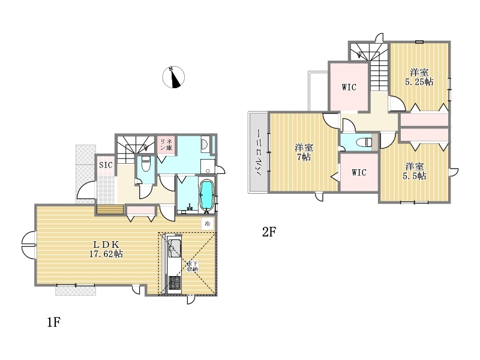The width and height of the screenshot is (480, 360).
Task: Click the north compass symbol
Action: [173, 77]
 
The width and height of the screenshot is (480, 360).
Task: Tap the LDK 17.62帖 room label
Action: [106, 249]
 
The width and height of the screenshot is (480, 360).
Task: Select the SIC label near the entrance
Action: [106, 165]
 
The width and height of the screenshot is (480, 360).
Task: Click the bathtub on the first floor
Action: [206, 195]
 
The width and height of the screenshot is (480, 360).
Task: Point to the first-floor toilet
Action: [146, 164]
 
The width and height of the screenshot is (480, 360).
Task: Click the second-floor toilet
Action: [365, 142]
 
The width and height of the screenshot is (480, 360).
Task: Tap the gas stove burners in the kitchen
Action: [175, 283]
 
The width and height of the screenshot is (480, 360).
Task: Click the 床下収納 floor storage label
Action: [192, 266]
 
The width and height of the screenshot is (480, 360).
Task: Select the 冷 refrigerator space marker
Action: [207, 223]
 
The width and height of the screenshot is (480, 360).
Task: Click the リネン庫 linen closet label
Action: [166, 144]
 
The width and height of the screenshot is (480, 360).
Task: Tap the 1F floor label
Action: [53, 322]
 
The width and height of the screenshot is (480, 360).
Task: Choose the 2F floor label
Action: [269, 232]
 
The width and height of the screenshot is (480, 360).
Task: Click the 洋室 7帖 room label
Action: [304, 152]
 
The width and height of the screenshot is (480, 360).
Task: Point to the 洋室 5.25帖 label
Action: [419, 77]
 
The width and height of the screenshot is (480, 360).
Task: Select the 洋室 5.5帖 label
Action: [415, 171]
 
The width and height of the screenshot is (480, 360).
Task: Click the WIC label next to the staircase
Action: [349, 87]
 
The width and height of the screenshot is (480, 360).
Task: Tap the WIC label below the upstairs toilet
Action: [359, 172]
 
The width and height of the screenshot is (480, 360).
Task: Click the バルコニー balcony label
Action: [259, 152]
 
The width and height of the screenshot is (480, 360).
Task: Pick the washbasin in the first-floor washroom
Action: [205, 144]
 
